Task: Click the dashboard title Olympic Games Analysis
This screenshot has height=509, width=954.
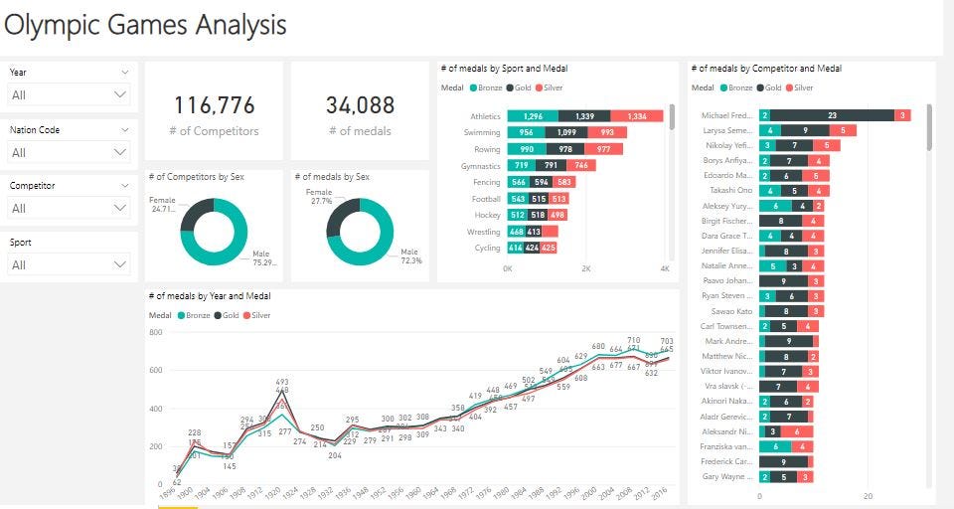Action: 145,25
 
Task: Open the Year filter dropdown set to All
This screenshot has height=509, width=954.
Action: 69,94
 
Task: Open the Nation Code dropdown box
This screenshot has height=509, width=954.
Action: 69,152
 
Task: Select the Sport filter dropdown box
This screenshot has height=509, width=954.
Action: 69,264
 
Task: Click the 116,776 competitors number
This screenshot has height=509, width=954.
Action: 215,105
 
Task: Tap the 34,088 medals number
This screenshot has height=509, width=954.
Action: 360,105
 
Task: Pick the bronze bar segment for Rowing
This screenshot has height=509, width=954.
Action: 527,149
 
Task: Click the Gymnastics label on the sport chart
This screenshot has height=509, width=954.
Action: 481,166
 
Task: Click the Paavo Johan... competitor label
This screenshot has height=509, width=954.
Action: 727,281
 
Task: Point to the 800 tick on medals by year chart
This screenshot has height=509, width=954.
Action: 155,332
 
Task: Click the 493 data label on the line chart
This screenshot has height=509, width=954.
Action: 282,382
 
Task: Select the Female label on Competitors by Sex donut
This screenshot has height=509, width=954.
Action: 162,200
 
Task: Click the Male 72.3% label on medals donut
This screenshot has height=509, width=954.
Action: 411,256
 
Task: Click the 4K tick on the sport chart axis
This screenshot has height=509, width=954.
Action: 665,269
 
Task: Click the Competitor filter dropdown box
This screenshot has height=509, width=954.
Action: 69,209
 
